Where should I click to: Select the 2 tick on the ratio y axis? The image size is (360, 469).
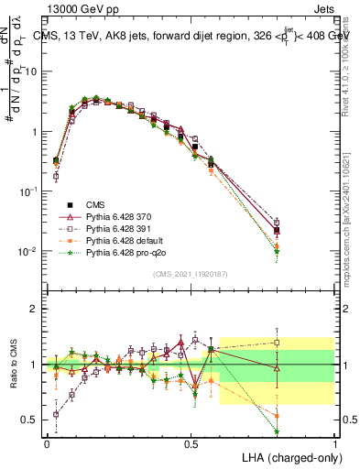click(x=35, y=309)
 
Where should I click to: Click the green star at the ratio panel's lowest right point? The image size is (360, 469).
click(x=277, y=431)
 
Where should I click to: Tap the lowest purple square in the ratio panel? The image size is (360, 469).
click(x=56, y=414)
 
